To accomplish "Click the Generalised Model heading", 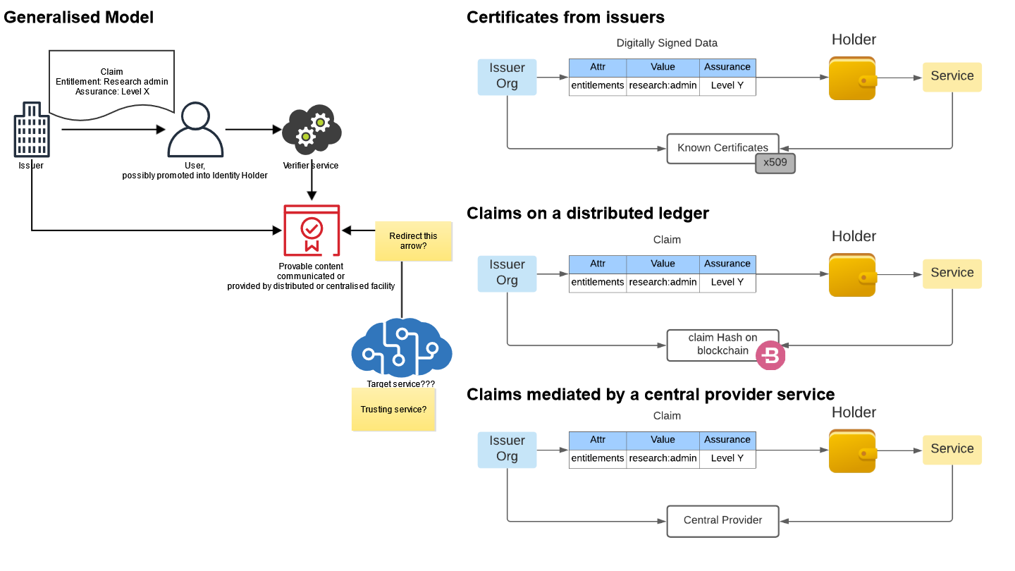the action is [x=78, y=17].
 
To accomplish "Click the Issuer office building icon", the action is [x=32, y=130].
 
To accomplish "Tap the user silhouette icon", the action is [x=195, y=130].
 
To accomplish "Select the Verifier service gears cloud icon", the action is [x=312, y=130].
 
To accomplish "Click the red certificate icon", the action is [x=312, y=231].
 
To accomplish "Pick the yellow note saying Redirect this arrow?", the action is [x=413, y=241].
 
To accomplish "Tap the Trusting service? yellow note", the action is [x=393, y=409].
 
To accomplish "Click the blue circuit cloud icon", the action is [x=402, y=348].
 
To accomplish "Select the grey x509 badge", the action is [x=775, y=163].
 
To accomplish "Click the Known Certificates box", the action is [x=722, y=148].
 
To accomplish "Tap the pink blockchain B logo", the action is [x=770, y=355].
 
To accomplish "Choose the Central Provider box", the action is [x=722, y=521].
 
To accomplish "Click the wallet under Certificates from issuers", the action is [x=853, y=78].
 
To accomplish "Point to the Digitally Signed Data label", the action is [x=667, y=43].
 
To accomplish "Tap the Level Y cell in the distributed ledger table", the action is [x=727, y=282].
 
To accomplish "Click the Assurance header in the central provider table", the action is [x=727, y=440].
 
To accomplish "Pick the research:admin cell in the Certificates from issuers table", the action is [x=663, y=86].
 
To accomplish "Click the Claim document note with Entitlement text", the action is [x=111, y=84].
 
